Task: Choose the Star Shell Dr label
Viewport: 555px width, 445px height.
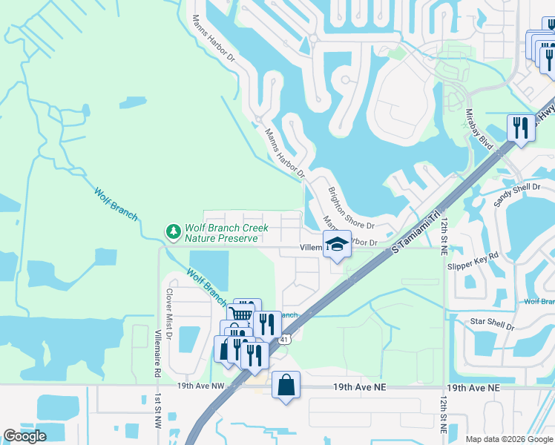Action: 493,323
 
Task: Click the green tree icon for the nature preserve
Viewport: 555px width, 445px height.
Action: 174,233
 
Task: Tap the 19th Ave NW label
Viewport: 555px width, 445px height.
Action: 200,386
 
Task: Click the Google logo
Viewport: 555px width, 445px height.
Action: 24,436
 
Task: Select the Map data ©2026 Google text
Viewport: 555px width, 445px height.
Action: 509,438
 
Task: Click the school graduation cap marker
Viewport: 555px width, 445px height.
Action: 337,244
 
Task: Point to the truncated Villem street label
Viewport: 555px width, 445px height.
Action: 310,247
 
